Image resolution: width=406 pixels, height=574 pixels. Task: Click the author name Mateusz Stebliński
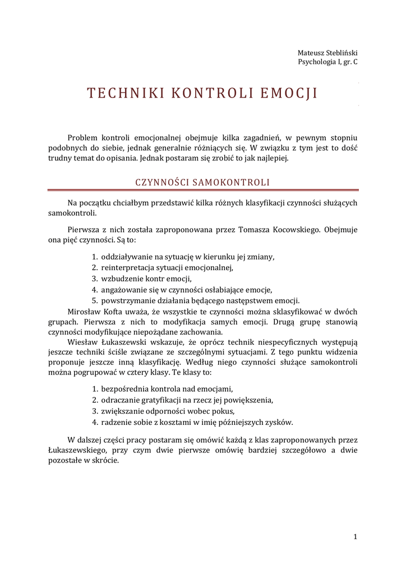pos(327,52)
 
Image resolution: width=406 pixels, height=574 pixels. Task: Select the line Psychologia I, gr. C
pos(327,62)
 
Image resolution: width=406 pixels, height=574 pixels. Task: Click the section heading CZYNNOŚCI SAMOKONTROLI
pos(202,182)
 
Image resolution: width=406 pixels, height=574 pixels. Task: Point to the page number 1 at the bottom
pos(355,536)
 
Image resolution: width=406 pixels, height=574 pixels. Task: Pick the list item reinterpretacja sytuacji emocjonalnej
pos(167,267)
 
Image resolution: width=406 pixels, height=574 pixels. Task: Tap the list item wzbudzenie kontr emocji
pos(146,278)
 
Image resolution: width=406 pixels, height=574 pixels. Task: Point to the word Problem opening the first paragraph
pos(83,137)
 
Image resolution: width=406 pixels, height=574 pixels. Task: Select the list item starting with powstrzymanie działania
pos(200,300)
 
